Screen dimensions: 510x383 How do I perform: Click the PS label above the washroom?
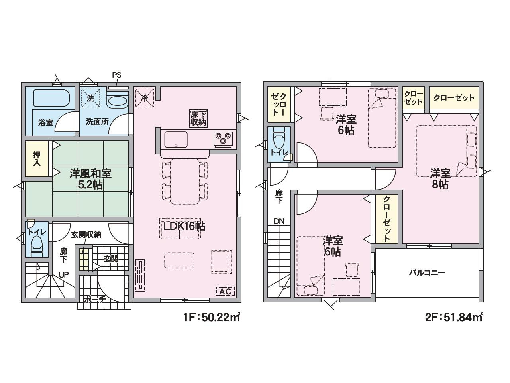click(117, 75)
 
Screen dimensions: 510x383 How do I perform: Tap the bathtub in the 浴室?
click(51, 98)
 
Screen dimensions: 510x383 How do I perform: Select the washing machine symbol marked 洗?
click(90, 98)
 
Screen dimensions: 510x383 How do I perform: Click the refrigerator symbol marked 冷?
click(145, 98)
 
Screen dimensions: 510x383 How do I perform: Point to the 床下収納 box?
click(198, 118)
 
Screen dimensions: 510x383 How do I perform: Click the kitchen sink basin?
click(176, 139)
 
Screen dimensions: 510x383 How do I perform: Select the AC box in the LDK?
click(225, 291)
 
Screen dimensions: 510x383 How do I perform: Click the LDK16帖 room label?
click(184, 226)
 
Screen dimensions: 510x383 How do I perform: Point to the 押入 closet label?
click(37, 159)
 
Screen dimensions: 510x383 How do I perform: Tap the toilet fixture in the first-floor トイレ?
click(37, 246)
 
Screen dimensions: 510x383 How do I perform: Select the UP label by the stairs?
click(64, 275)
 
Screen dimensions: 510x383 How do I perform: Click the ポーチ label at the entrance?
click(95, 300)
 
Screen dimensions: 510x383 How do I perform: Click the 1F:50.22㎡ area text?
click(212, 317)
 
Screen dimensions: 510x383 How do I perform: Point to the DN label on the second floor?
click(279, 221)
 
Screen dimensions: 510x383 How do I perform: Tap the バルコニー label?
click(427, 273)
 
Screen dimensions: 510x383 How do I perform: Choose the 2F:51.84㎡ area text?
click(454, 317)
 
